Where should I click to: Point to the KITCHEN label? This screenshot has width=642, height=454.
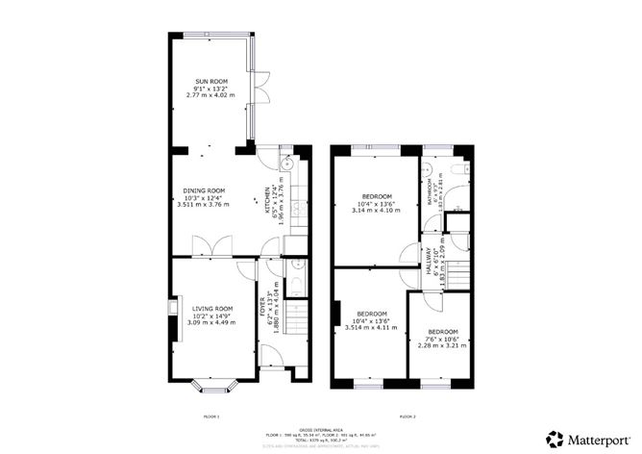[269, 204]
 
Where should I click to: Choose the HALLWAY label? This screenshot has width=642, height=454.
[430, 261]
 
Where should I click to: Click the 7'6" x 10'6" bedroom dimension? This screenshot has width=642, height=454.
[442, 339]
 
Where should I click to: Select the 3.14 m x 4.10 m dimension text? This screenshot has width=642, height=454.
[370, 210]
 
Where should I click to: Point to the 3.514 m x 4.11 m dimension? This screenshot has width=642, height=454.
[371, 328]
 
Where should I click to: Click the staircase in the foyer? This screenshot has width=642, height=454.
[295, 313]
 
